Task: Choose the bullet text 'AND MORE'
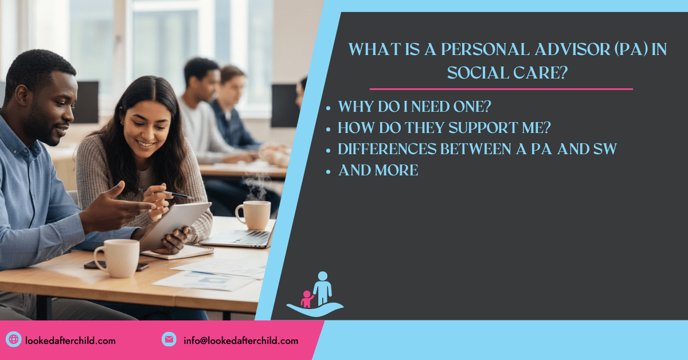coord(378,170)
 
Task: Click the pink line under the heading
coord(501,89)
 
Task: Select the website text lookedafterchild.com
coord(71,341)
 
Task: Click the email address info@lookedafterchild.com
coord(241,341)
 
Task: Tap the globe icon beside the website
coord(14,340)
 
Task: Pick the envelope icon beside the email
coord(169,340)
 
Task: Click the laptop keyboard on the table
coord(241,237)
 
